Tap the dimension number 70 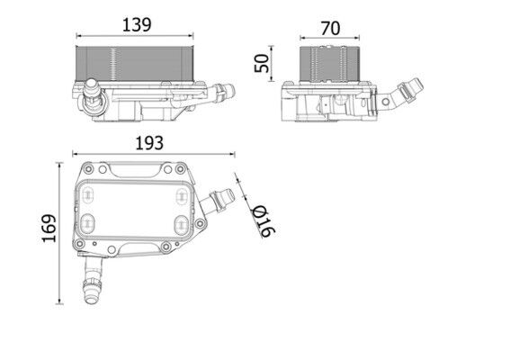(330, 28)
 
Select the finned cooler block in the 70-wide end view (331, 61)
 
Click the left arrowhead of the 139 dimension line (78, 38)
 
